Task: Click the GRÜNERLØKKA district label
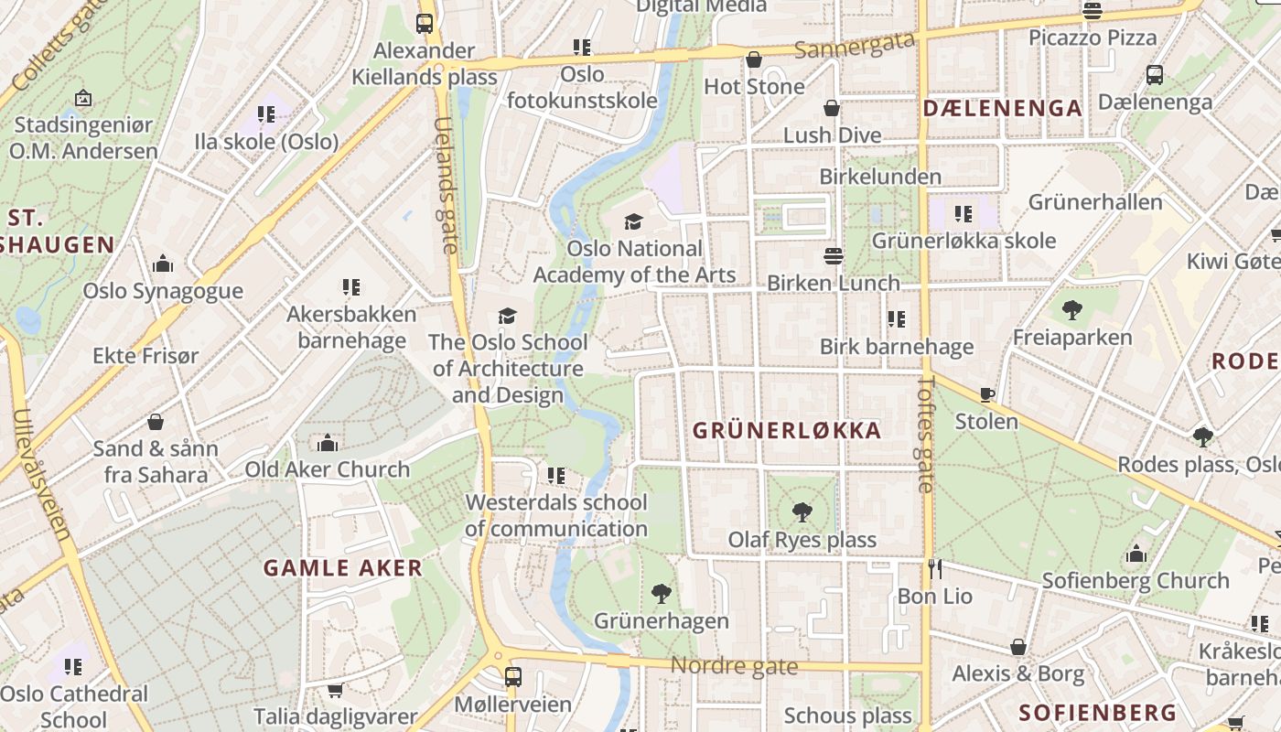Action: (787, 430)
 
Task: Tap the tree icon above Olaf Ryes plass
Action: (802, 511)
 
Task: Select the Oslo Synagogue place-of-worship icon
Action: (163, 264)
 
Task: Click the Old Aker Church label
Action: (328, 469)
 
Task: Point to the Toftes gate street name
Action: (926, 435)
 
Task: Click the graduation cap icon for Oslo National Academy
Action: (633, 221)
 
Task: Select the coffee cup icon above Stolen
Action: (986, 394)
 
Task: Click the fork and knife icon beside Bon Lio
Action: (934, 569)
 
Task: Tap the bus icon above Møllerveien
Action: (513, 677)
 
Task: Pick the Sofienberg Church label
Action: (1136, 580)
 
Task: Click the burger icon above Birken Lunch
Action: (833, 255)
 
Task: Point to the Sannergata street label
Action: (855, 46)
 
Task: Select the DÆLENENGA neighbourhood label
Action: (1003, 108)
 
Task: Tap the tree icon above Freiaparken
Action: (1072, 310)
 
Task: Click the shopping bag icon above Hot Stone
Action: (754, 59)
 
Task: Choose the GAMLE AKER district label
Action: (343, 567)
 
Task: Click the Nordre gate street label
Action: (734, 666)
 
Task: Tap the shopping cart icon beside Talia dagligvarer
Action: (335, 690)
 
